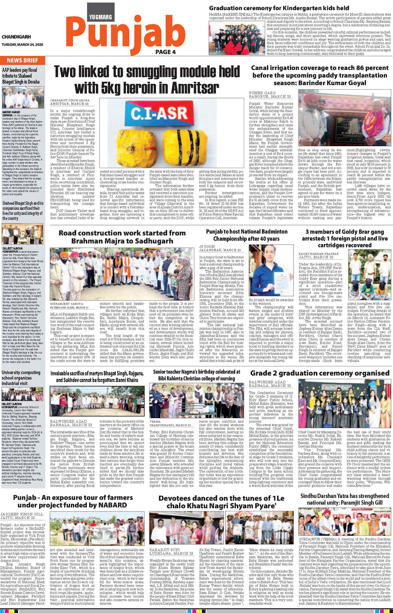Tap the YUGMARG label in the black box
tap(100, 17)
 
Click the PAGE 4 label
tap(166, 52)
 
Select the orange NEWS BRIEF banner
tap(23, 60)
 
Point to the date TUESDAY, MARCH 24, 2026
tap(22, 45)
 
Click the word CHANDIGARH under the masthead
tap(16, 37)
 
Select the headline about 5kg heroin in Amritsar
tap(146, 79)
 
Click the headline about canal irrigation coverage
tap(319, 75)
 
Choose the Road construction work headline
tap(122, 237)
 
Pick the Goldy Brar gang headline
tap(345, 238)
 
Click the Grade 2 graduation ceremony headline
tap(320, 373)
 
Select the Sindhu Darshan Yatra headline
tap(345, 499)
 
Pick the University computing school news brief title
tap(21, 378)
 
